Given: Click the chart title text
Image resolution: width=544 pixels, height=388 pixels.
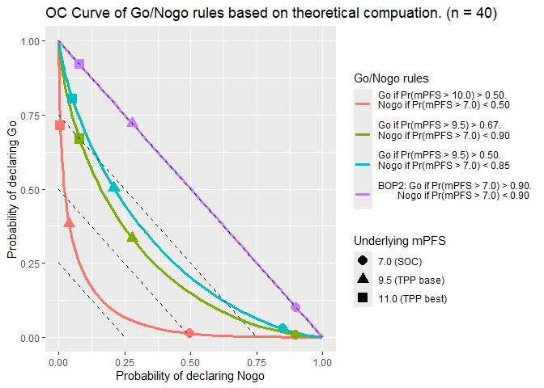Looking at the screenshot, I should tap(271, 14).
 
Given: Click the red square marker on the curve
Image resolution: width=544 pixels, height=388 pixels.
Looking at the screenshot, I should tap(59, 125).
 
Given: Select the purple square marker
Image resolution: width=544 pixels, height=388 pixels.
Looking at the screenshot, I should tap(79, 64).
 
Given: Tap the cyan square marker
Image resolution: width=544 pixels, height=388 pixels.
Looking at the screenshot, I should tap(72, 99).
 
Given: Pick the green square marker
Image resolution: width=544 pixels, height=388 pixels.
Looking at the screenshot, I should tap(79, 139).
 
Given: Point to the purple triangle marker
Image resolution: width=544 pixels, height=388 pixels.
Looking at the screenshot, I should tap(132, 123).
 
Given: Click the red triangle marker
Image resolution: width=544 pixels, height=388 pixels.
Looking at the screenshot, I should tap(69, 222).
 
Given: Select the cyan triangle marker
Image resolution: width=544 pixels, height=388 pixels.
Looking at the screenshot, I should tap(114, 188).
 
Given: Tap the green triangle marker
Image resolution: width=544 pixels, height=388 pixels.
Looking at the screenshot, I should tap(132, 238).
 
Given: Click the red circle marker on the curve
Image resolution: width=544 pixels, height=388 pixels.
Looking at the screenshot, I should tap(190, 333).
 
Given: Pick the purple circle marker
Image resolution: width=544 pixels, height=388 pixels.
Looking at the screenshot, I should tap(295, 307).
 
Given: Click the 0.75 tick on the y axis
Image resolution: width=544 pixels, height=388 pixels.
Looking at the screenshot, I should tap(32, 116).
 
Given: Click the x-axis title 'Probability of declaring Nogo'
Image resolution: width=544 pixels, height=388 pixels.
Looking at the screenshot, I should tap(190, 376).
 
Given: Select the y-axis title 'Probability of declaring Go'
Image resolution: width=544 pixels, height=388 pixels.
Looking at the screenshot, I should tap(13, 189).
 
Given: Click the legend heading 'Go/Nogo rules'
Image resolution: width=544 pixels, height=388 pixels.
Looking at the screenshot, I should tap(391, 79).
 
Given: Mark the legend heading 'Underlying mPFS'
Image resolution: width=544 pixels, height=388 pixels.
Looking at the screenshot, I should tap(399, 241).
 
